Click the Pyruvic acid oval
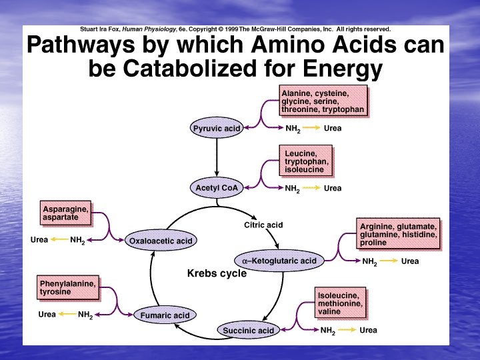[216, 129]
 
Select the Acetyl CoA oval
[217, 188]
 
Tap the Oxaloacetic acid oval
[161, 241]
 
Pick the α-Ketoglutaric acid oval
[279, 261]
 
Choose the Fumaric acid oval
[164, 315]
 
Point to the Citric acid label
[263, 225]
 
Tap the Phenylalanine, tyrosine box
[67, 287]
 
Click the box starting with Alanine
[323, 101]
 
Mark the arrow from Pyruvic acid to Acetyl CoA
[217, 157]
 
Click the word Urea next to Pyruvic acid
[333, 129]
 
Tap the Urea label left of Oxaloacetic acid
[39, 240]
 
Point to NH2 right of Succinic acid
[327, 330]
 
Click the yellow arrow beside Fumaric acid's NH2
[67, 314]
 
